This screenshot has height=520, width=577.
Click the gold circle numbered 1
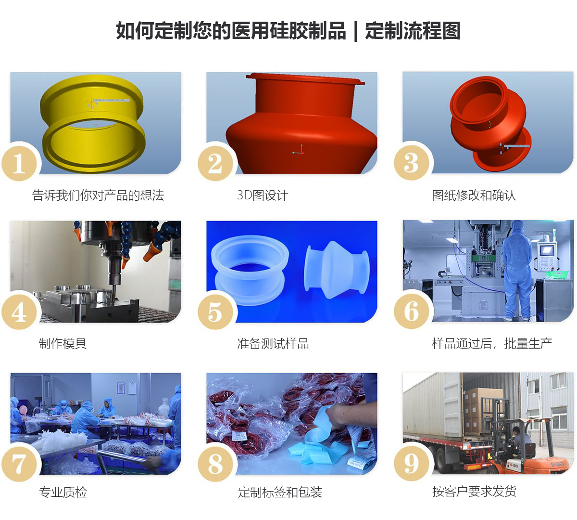[x=19, y=163]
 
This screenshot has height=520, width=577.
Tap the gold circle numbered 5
[x=215, y=312]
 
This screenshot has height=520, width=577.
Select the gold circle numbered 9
[x=412, y=464]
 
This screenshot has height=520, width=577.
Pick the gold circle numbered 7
[x=19, y=464]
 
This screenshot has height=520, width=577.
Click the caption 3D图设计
[x=263, y=195]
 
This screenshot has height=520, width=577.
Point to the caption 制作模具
[x=63, y=343]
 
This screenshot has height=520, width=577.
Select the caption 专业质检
[x=63, y=492]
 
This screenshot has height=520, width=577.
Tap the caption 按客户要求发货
[x=474, y=492]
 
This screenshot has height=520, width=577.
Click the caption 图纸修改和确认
[x=474, y=195]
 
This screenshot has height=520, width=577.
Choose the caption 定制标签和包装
[x=280, y=492]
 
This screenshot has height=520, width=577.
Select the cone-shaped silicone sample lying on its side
[x=337, y=270]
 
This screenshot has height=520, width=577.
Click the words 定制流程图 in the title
[x=413, y=30]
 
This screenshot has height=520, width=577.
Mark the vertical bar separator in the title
[x=356, y=31]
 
